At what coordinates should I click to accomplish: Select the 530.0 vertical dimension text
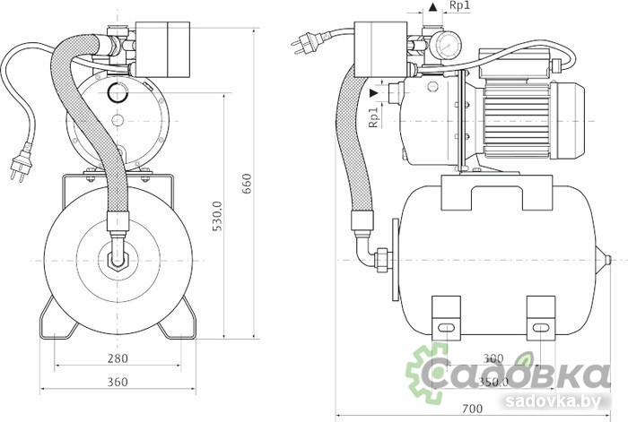pyautogui.click(x=216, y=216)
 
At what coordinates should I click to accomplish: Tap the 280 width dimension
pyautogui.click(x=118, y=358)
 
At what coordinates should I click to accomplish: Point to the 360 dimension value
pyautogui.click(x=118, y=382)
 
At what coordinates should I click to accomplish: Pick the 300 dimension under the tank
pyautogui.click(x=493, y=358)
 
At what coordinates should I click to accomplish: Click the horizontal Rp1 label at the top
pyautogui.click(x=459, y=7)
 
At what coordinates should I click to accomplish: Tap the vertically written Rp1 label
pyautogui.click(x=373, y=117)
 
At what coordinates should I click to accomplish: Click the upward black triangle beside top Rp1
pyautogui.click(x=433, y=7)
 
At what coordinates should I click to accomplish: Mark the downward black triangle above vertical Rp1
pyautogui.click(x=373, y=92)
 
